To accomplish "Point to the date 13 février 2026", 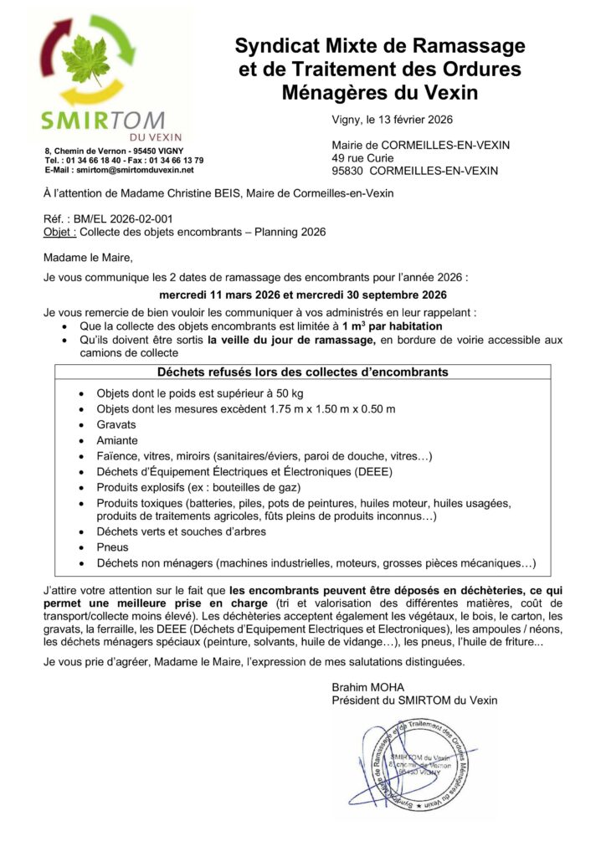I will tap(408, 120).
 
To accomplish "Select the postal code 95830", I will tap(349, 171).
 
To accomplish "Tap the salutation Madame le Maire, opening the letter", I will tap(88, 256).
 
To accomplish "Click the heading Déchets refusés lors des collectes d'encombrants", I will tap(302, 372).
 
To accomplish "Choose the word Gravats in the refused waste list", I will tap(116, 424).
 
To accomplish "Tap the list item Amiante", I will tap(117, 440).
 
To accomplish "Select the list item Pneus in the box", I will tap(113, 547).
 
